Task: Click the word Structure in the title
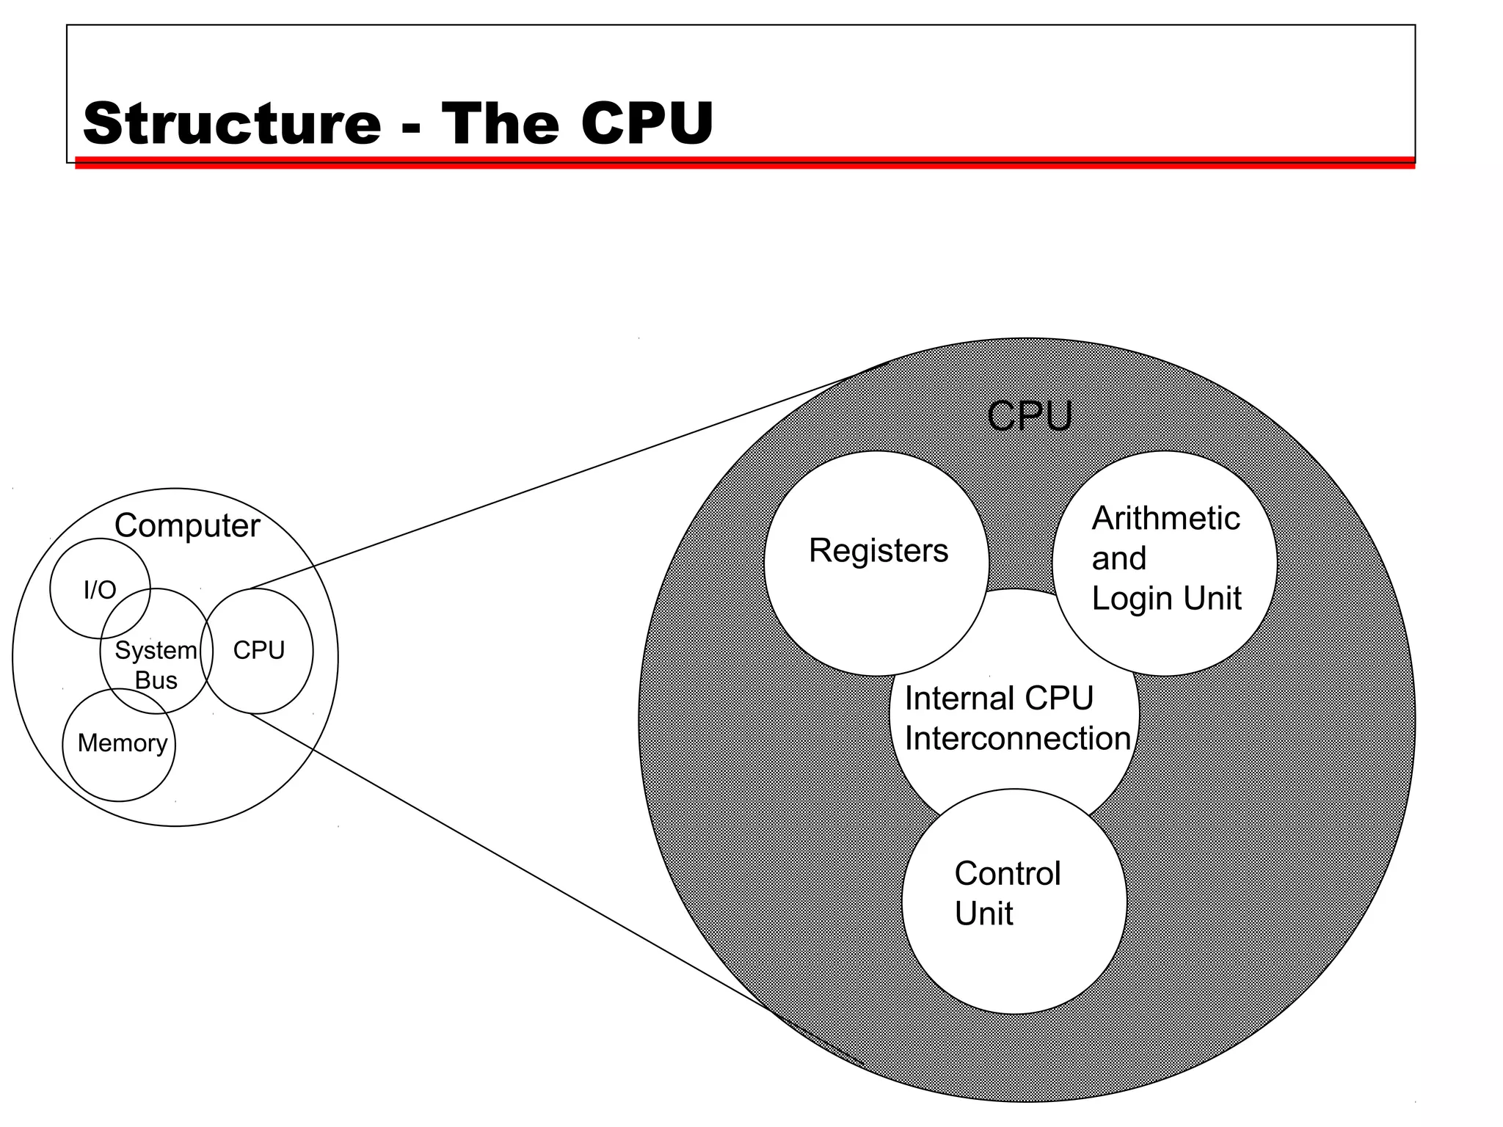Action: tap(232, 123)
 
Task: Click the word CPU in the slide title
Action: tap(646, 123)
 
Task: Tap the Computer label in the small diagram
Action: tap(186, 525)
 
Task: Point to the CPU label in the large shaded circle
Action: tap(1029, 416)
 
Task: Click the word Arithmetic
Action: tap(1165, 518)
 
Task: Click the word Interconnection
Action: tap(1017, 738)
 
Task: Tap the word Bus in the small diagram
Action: tap(156, 680)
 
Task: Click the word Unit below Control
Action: tap(983, 914)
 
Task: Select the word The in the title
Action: tap(500, 123)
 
